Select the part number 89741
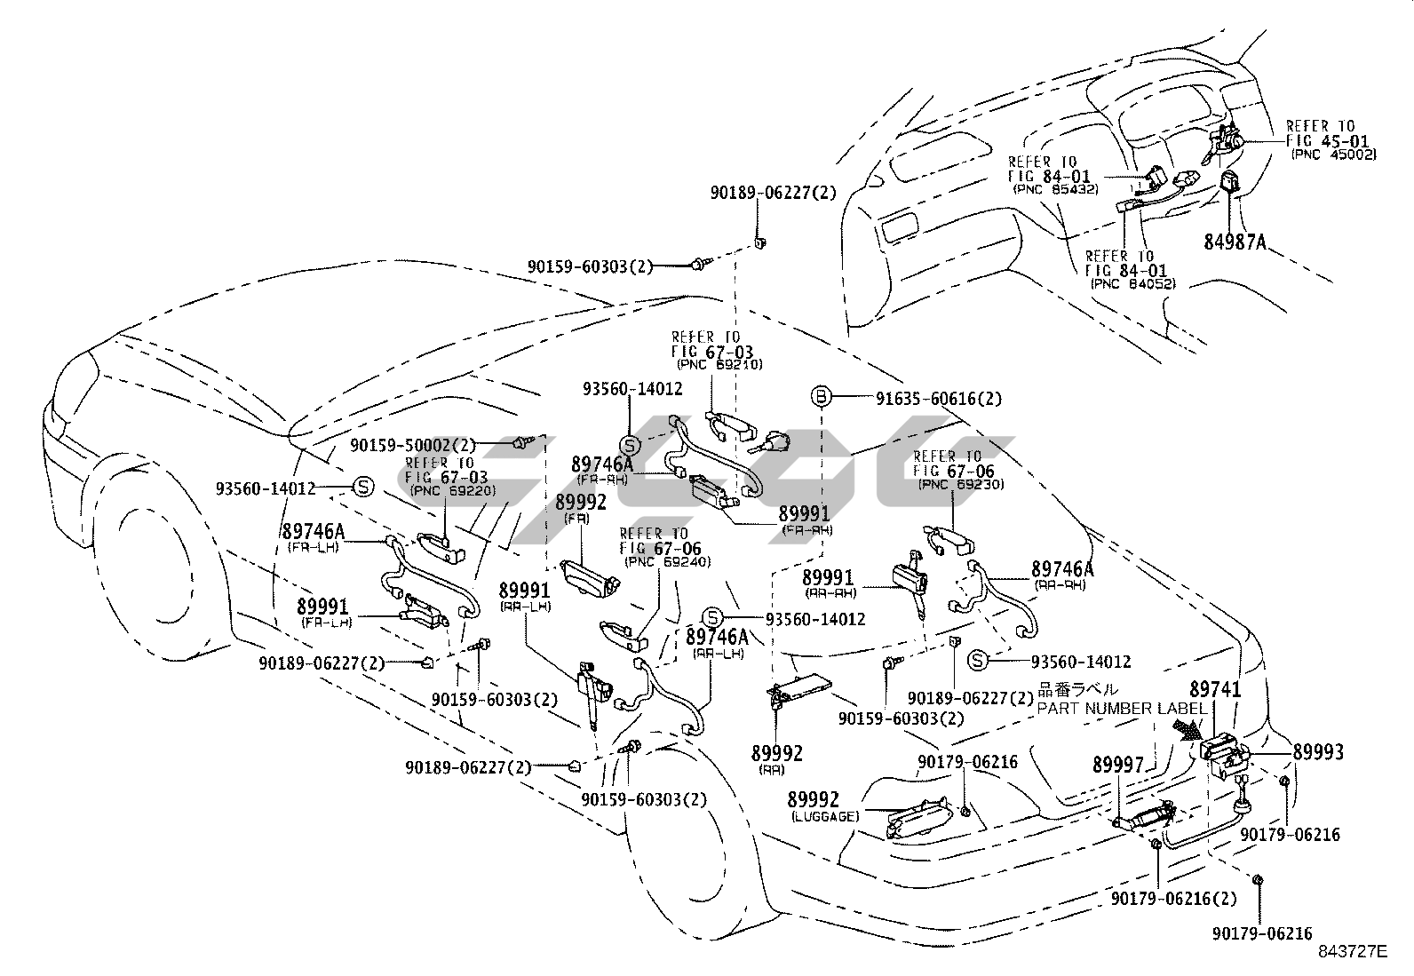[x=1215, y=689]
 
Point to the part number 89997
[x=1118, y=765]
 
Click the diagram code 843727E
[x=1351, y=952]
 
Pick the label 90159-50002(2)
[x=413, y=445]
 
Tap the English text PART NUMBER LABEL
[x=1122, y=709]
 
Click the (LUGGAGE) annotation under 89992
[x=822, y=816]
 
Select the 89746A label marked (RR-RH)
[x=1062, y=568]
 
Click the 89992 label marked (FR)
[x=581, y=503]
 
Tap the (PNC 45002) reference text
[x=1333, y=155]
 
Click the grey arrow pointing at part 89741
[x=1188, y=730]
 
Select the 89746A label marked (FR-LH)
[x=313, y=532]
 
